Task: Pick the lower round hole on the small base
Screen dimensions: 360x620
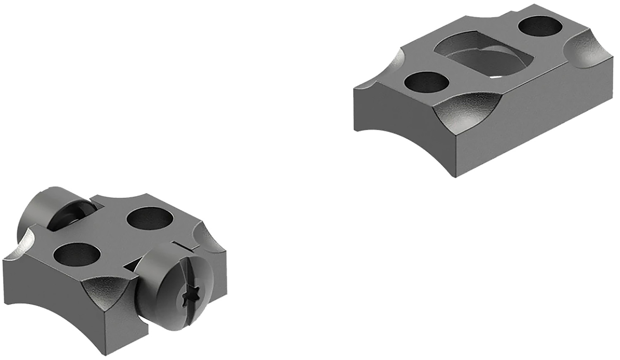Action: coord(74,255)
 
